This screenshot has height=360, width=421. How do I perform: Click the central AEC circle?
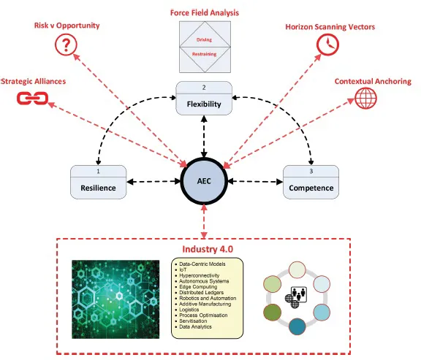[x=205, y=179]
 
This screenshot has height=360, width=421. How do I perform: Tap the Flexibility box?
[x=205, y=98]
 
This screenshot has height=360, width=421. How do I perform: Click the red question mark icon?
[x=67, y=46]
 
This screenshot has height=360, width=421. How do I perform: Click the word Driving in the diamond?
[x=204, y=42]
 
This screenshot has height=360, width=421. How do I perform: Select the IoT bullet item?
[x=183, y=268]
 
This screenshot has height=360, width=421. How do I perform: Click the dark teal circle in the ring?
[x=297, y=326]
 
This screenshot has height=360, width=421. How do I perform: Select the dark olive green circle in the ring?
[x=272, y=311]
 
